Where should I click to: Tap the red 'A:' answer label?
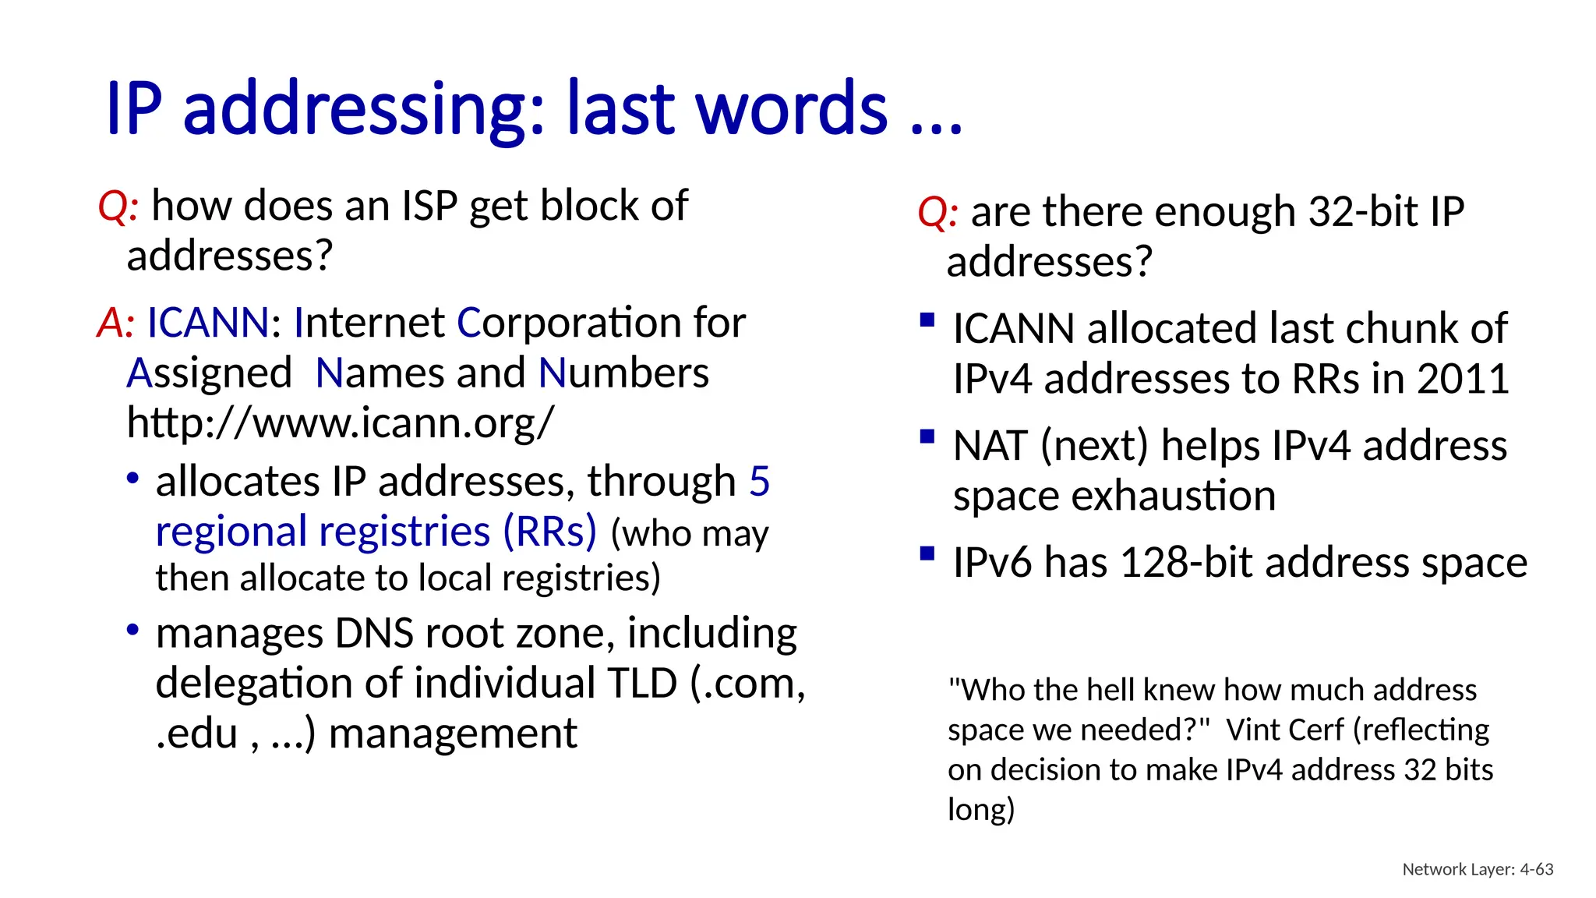[116, 323]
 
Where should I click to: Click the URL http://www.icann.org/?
[341, 423]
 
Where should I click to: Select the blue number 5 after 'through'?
[759, 481]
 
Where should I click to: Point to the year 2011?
[1463, 379]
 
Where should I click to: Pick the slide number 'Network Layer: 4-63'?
[1478, 869]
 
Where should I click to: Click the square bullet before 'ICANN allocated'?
[927, 320]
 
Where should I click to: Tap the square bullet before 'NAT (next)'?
[927, 437]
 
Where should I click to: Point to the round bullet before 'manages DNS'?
[133, 628]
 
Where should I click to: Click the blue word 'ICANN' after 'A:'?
[208, 323]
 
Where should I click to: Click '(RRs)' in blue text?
[549, 532]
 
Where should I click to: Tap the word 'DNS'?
[374, 633]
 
